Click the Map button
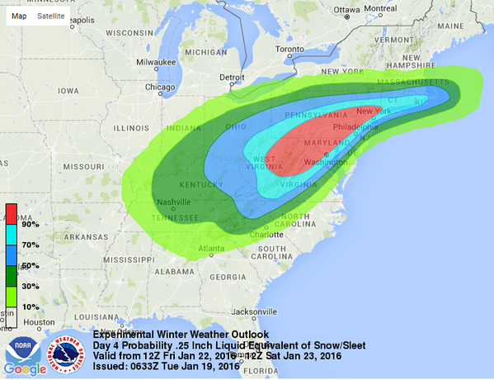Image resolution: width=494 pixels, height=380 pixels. [x=19, y=15]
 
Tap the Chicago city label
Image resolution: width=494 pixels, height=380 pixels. [x=160, y=87]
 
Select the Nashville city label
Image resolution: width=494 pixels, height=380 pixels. [x=176, y=202]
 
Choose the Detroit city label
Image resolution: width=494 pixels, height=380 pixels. [x=232, y=78]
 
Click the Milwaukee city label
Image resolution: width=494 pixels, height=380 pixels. [x=157, y=61]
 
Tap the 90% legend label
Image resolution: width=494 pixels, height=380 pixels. [x=31, y=224]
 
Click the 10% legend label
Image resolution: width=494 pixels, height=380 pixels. [x=31, y=306]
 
